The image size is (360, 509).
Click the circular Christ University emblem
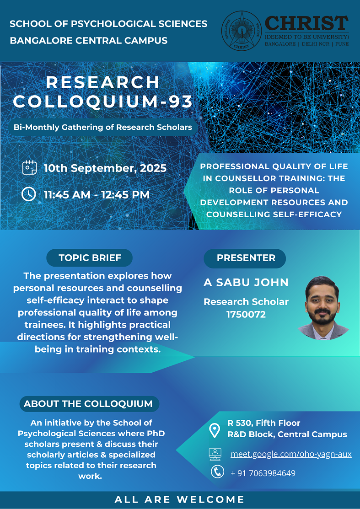(x=241, y=31)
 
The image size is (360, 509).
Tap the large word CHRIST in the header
(x=307, y=24)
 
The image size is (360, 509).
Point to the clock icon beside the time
(x=28, y=194)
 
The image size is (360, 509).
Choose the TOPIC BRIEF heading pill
(x=90, y=258)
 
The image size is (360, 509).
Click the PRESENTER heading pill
(x=245, y=258)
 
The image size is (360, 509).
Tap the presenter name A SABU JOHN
(x=246, y=283)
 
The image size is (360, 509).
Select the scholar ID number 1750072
(x=246, y=314)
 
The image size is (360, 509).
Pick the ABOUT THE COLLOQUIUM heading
(x=88, y=404)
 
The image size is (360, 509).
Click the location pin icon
(x=214, y=430)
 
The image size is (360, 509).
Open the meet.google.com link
(x=291, y=454)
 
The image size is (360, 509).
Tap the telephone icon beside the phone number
(x=217, y=471)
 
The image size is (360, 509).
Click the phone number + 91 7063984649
(x=263, y=473)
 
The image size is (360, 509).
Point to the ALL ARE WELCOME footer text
(x=179, y=499)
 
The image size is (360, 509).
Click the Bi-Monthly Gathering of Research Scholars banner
(x=103, y=127)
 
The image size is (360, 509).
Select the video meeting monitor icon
(x=215, y=454)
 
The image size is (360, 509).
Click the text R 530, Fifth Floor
(x=264, y=423)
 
